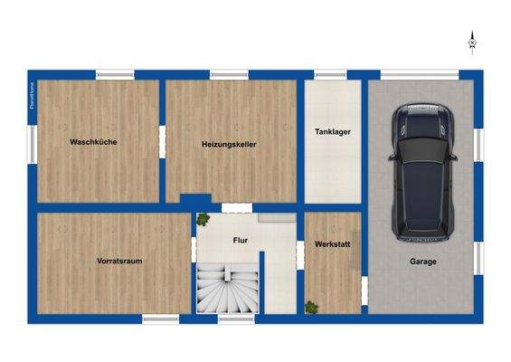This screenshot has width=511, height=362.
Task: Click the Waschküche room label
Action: tap(93, 142)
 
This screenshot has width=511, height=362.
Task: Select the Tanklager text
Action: tap(332, 132)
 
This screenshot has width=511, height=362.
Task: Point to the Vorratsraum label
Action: tap(119, 261)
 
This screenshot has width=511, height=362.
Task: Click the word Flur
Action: tap(241, 241)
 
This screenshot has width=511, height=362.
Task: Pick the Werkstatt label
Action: tap(332, 245)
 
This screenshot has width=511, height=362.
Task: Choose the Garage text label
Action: tap(421, 262)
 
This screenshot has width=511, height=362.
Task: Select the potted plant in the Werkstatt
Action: tap(311, 307)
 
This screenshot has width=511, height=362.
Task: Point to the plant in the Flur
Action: tap(203, 218)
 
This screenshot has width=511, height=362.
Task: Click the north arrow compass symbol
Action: tap(471, 39)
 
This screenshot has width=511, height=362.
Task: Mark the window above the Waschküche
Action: tap(115, 74)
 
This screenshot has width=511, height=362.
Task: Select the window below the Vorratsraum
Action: tap(160, 319)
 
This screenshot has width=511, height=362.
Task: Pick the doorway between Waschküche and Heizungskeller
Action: tap(163, 141)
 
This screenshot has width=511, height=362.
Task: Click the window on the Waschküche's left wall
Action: tap(33, 141)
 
